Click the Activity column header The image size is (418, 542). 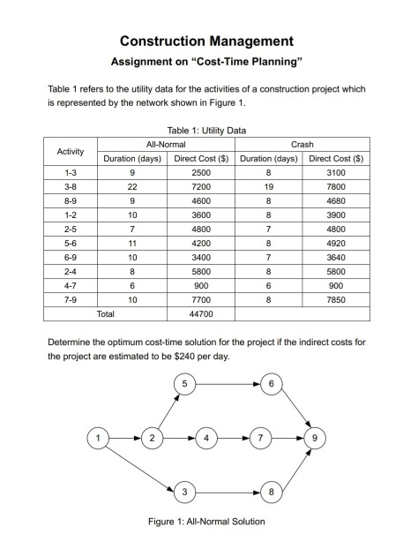pyautogui.click(x=70, y=151)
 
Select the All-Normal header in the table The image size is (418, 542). pyautogui.click(x=166, y=143)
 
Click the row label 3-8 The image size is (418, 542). pyautogui.click(x=70, y=189)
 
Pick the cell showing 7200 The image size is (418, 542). pyautogui.click(x=201, y=189)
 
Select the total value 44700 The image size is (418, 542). pyautogui.click(x=201, y=312)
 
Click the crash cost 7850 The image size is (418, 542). pyautogui.click(x=336, y=300)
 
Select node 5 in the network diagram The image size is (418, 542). pyautogui.click(x=185, y=383)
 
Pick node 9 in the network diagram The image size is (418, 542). pyautogui.click(x=317, y=437)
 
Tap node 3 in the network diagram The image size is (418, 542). pyautogui.click(x=185, y=491)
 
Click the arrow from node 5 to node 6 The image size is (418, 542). pyautogui.click(x=228, y=383)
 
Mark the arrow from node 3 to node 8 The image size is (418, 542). pyautogui.click(x=228, y=491)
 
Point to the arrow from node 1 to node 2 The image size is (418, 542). pyautogui.click(x=126, y=437)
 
